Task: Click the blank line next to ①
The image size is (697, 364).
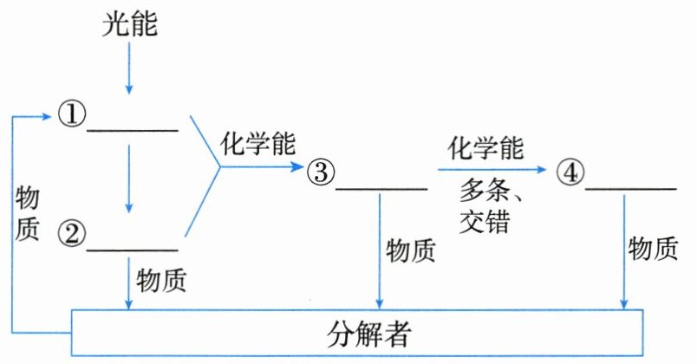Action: [133, 131]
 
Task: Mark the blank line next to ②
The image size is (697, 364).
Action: [133, 250]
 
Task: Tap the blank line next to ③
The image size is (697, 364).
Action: [381, 188]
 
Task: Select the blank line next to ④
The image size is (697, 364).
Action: [630, 188]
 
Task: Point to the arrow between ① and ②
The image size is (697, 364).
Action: [129, 178]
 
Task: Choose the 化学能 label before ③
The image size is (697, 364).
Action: [257, 142]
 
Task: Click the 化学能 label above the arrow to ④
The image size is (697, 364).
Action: [485, 146]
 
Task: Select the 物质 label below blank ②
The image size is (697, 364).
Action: [162, 279]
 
